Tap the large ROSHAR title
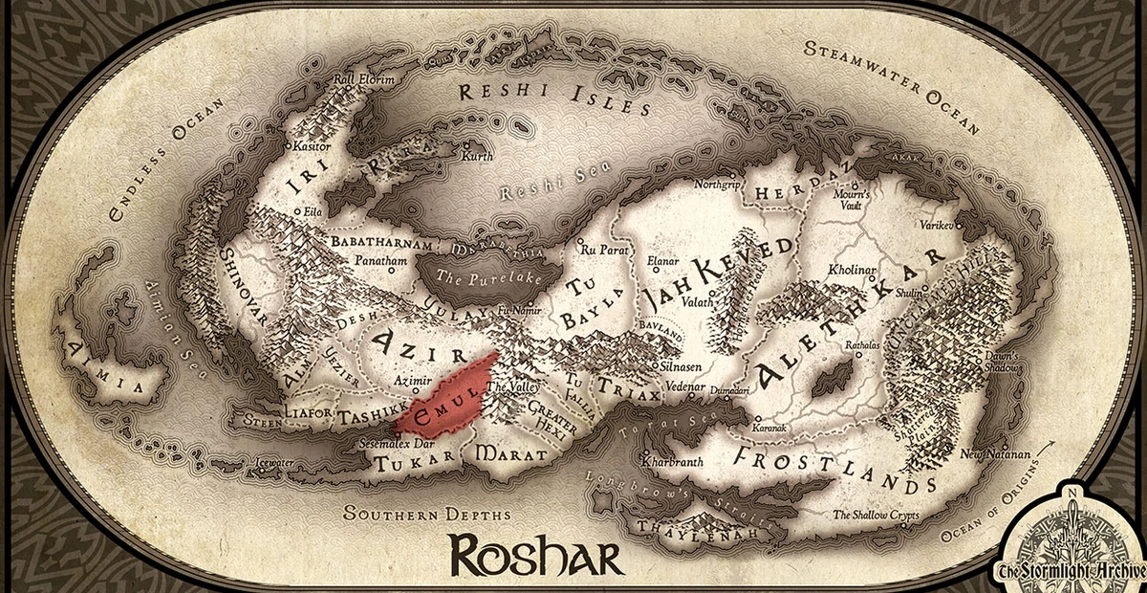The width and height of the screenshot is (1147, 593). (536, 554)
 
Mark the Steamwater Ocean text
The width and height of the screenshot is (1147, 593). (894, 83)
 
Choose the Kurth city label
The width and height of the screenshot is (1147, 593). (475, 156)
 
